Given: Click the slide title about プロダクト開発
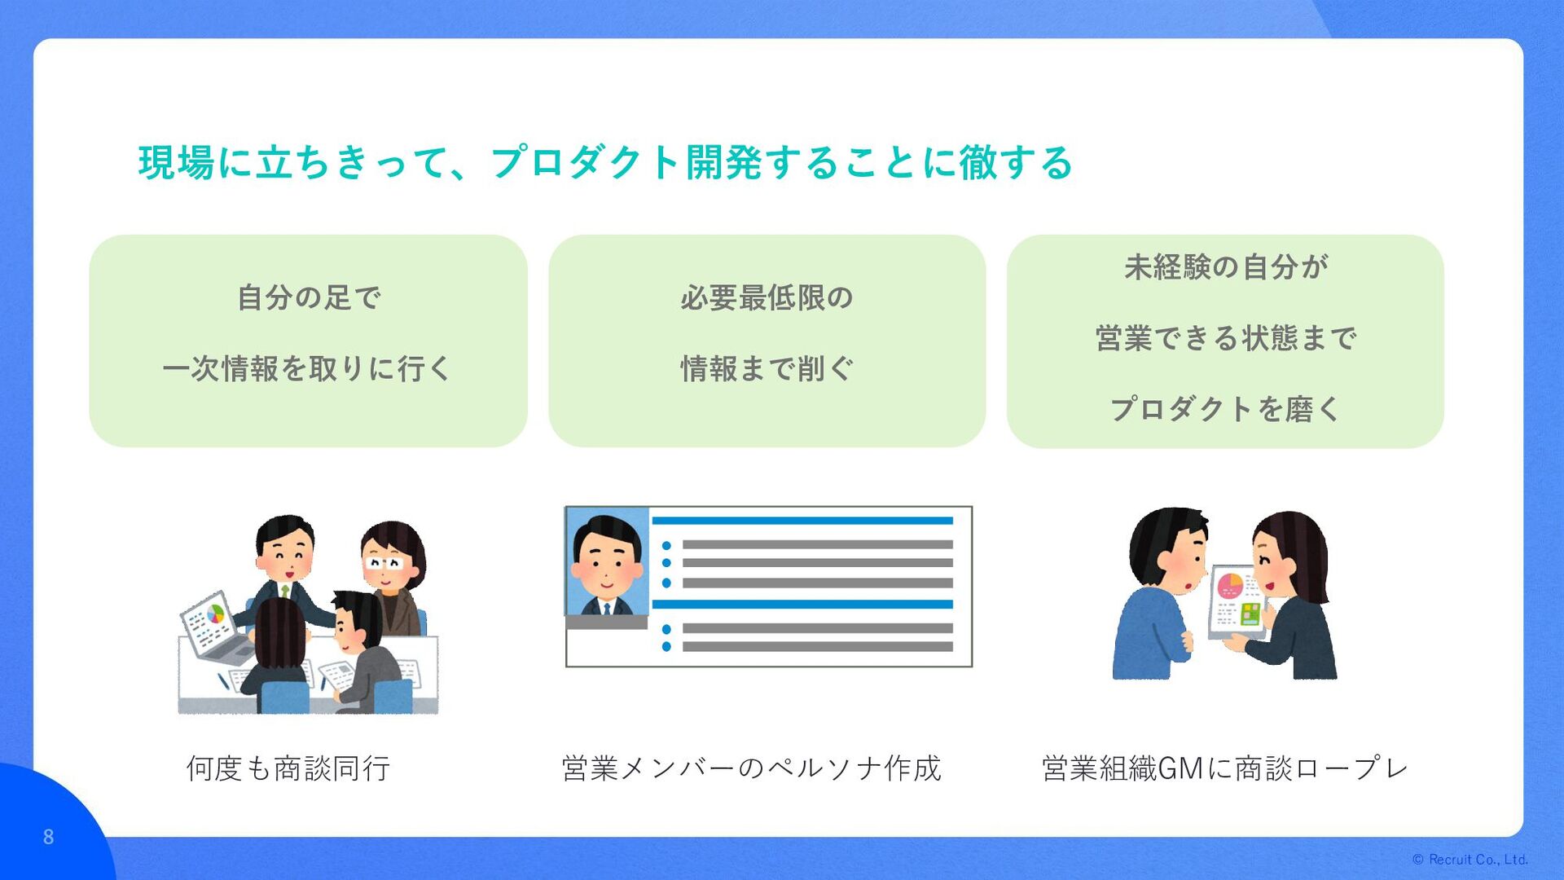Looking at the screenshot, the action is click(605, 162).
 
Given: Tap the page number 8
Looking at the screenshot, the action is click(48, 837).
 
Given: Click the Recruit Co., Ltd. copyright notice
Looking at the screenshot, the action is click(1470, 860).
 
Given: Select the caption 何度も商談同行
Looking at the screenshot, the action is click(288, 768).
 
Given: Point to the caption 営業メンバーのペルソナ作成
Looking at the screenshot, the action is click(751, 768).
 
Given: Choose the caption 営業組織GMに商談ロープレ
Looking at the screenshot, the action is click(1224, 768).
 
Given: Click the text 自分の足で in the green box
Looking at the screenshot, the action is click(309, 297).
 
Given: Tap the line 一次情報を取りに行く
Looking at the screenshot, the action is click(307, 369).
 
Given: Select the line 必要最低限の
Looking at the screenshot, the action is click(767, 297).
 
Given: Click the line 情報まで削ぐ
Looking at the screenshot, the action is click(767, 369).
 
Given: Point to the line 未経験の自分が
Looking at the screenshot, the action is click(1226, 267).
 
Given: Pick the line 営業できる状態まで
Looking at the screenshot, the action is click(1226, 338).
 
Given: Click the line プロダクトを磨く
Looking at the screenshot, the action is click(1226, 409).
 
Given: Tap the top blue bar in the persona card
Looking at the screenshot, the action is click(802, 521).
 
